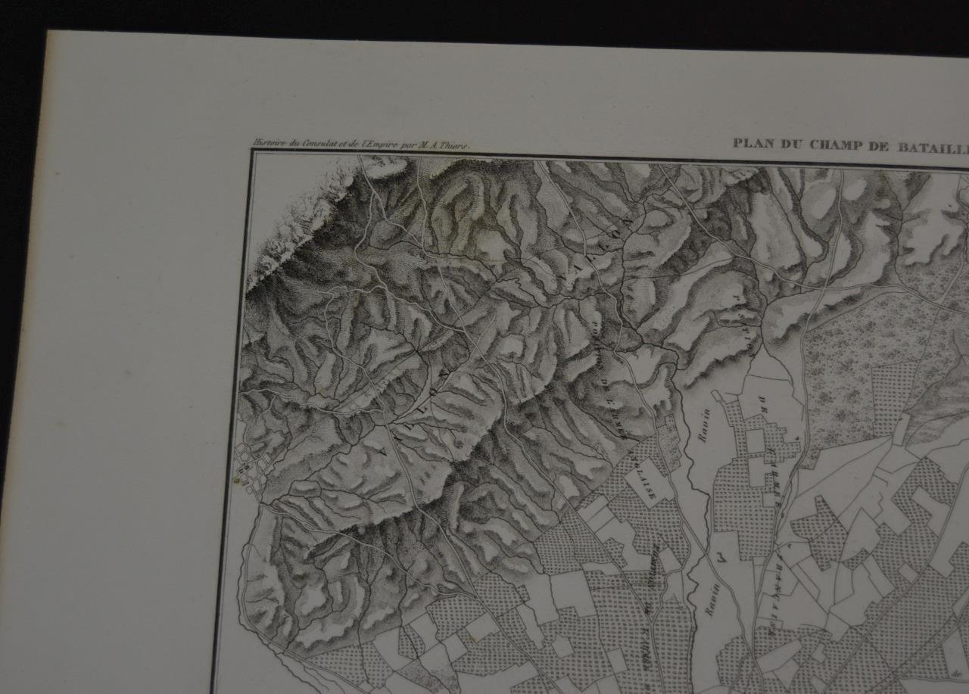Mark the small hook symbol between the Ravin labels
(x=720, y=559)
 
